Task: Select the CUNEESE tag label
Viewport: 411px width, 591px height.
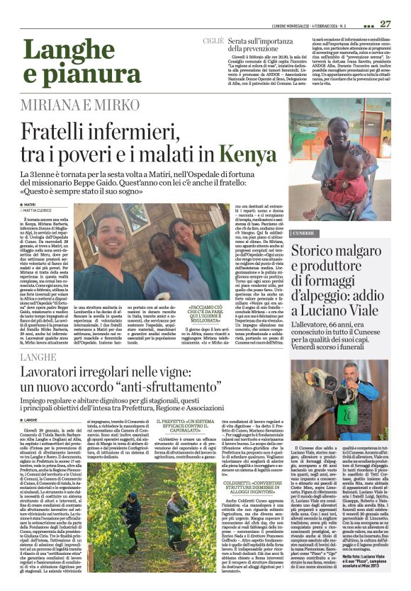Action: click(x=305, y=232)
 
